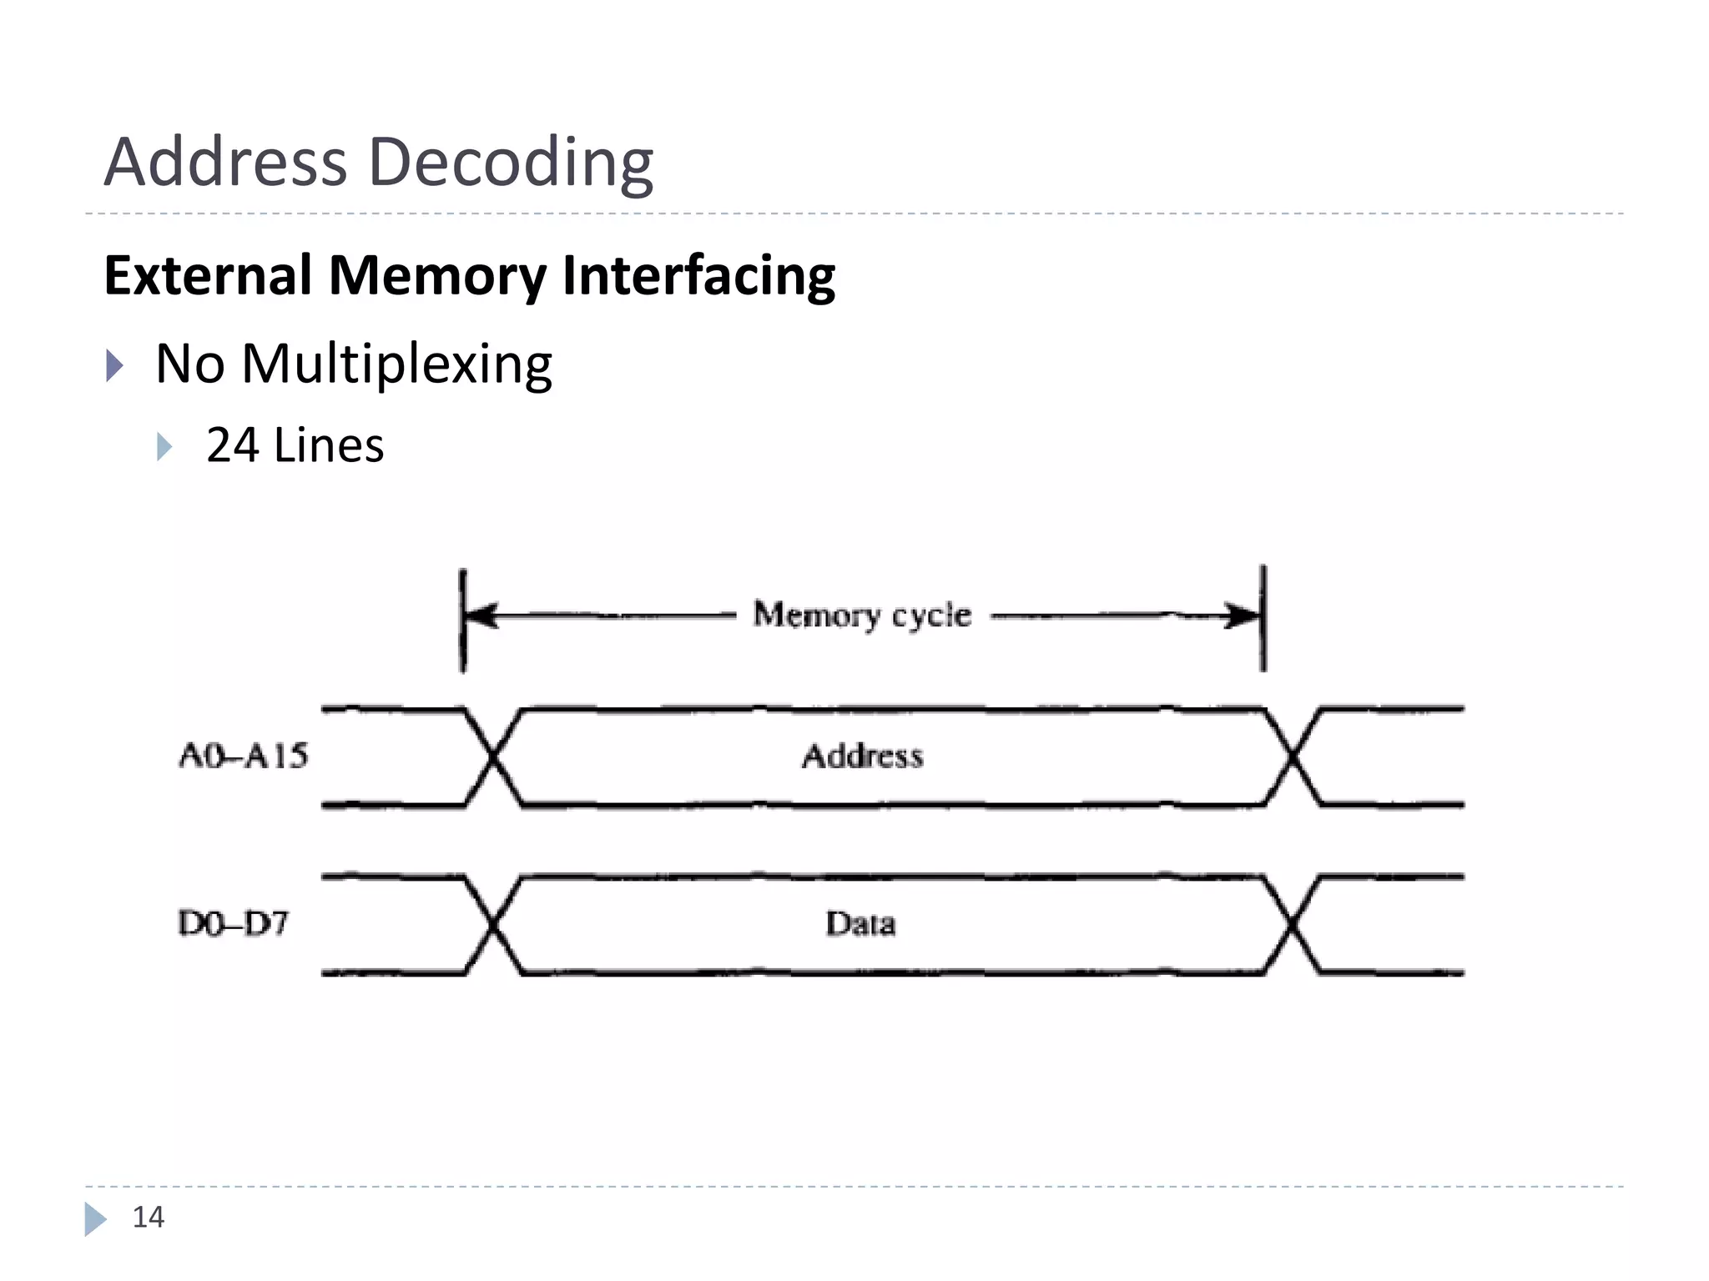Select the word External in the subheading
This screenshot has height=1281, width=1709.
pos(208,275)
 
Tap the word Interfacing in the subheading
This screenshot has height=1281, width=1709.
pos(698,275)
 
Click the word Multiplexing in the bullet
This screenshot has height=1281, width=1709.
pos(396,364)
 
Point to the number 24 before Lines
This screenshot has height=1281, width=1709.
pos(232,445)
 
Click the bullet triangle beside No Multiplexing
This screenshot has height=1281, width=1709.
pos(114,365)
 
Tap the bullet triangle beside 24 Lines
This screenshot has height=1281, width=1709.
pos(164,446)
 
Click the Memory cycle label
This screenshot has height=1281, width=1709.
pos(862,615)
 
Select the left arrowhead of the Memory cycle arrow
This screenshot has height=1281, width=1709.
pos(481,616)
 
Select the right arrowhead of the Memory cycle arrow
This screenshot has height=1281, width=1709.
pos(1243,616)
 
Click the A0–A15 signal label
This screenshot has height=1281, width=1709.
pos(244,756)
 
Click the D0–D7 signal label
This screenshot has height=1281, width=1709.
pos(234,923)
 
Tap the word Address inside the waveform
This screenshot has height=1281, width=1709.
pos(862,756)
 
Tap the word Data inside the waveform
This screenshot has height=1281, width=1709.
pos(860,923)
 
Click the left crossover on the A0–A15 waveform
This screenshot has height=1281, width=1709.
pos(493,757)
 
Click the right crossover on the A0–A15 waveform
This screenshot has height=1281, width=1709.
pos(1293,757)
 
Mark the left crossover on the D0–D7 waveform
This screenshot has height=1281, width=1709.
pos(493,925)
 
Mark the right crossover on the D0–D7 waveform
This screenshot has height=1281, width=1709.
pos(1293,925)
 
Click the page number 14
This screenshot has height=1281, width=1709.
pos(149,1218)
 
